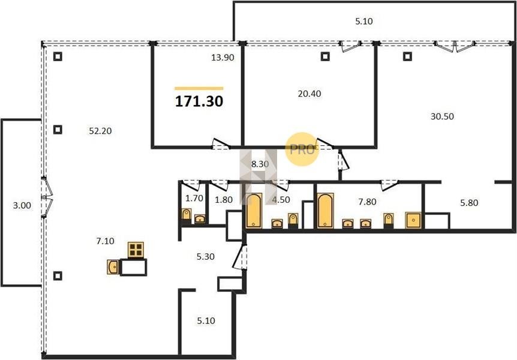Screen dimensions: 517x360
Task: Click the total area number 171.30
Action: (199, 101)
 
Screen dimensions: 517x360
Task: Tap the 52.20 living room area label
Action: (100, 131)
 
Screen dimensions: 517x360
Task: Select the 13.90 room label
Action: (223, 58)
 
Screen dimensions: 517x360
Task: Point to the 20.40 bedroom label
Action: (309, 94)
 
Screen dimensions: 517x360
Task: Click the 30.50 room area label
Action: (442, 116)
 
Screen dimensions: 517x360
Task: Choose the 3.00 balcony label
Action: (22, 205)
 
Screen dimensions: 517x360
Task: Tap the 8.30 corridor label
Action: (260, 164)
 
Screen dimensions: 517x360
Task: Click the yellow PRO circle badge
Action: (302, 149)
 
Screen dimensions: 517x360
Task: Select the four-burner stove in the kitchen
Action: (136, 250)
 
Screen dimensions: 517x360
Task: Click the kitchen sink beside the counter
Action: (113, 267)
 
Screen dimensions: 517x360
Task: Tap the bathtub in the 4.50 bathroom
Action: (254, 211)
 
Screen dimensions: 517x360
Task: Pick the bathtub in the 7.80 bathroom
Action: (325, 211)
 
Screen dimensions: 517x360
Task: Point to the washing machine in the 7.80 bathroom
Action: (413, 220)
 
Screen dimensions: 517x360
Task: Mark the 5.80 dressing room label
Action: (469, 203)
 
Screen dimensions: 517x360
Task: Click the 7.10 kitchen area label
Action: (105, 241)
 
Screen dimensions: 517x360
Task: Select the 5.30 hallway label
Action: (205, 256)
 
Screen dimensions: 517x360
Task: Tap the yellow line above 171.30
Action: (199, 88)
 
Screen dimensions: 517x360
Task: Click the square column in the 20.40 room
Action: (325, 56)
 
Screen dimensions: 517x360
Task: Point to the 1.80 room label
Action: (224, 200)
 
